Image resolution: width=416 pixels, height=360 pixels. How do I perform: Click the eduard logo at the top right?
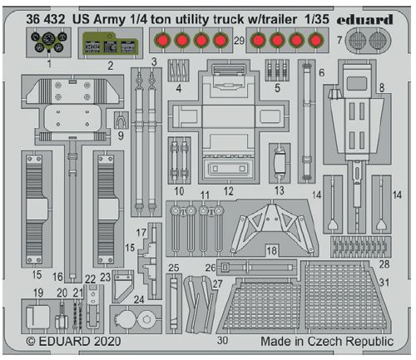click(x=365, y=20)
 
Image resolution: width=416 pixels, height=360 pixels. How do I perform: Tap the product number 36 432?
click(x=46, y=19)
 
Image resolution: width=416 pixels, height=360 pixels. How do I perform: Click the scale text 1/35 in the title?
click(x=316, y=19)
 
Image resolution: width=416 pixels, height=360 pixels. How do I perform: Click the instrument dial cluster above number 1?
click(x=49, y=42)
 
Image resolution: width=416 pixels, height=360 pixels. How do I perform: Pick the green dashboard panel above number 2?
click(x=110, y=43)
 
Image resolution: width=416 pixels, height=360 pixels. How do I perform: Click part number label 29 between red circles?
click(x=239, y=41)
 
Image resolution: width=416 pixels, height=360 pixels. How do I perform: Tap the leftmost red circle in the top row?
click(x=162, y=41)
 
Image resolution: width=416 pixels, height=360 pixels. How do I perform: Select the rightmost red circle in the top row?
click(x=315, y=41)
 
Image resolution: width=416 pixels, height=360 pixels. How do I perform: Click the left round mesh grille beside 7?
click(x=358, y=41)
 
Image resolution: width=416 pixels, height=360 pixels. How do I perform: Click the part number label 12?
click(x=229, y=191)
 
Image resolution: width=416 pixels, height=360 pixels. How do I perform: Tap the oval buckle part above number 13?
click(x=280, y=164)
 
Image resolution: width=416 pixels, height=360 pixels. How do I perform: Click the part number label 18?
click(x=272, y=250)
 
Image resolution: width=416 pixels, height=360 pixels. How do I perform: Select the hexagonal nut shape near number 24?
click(x=146, y=320)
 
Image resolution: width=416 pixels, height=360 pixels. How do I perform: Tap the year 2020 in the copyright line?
click(x=106, y=341)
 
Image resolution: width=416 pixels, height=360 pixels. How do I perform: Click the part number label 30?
click(x=222, y=340)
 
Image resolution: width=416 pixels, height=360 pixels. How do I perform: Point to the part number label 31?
click(x=384, y=283)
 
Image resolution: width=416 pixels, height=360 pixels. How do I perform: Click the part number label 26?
click(x=210, y=268)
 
